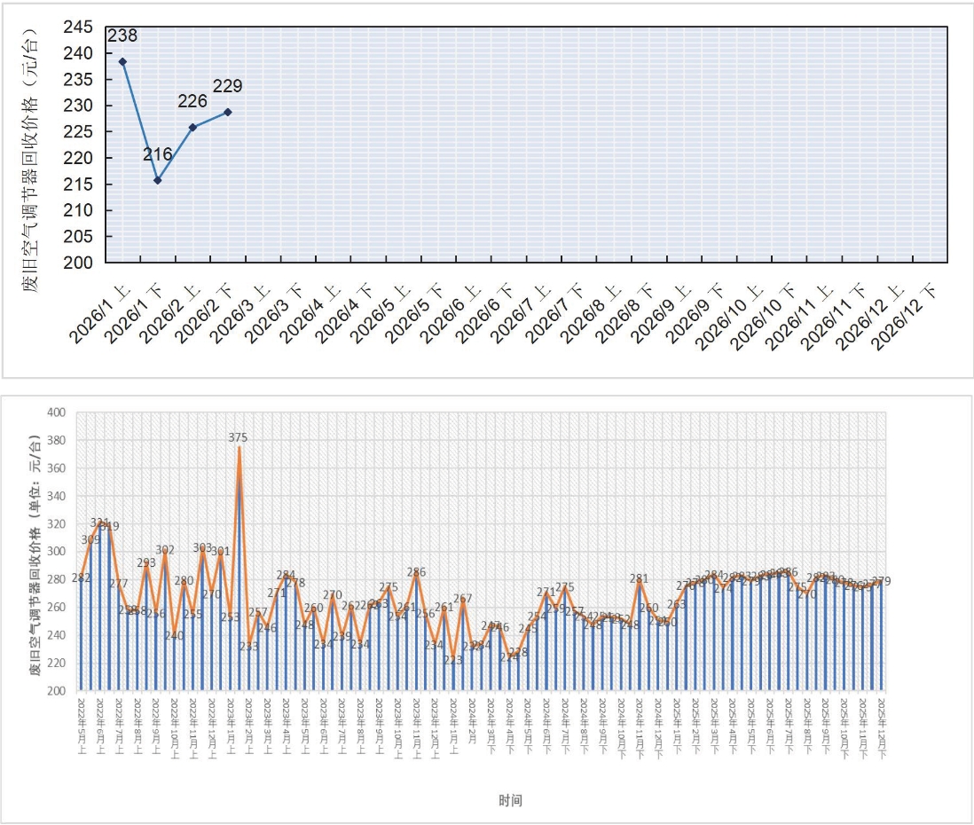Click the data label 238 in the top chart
[x=122, y=36]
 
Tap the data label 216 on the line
[x=158, y=155]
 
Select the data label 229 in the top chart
[x=227, y=87]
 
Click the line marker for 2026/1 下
[x=158, y=180]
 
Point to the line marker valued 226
[x=192, y=127]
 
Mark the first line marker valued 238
[x=122, y=61]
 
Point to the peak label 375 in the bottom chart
[x=238, y=437]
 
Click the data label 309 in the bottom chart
[x=90, y=539]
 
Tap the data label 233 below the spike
[x=248, y=646]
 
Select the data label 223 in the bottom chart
[x=452, y=660]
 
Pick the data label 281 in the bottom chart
[x=639, y=578]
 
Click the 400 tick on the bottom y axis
[x=58, y=412]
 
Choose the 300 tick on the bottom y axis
[x=58, y=552]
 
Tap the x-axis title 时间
[x=509, y=800]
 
